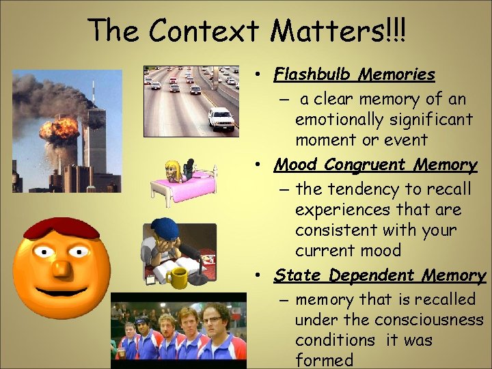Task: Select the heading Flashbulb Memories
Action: click(x=354, y=74)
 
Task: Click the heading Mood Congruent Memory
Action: click(x=375, y=165)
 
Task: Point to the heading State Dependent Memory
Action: click(x=379, y=275)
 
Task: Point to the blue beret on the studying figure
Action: click(x=165, y=227)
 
